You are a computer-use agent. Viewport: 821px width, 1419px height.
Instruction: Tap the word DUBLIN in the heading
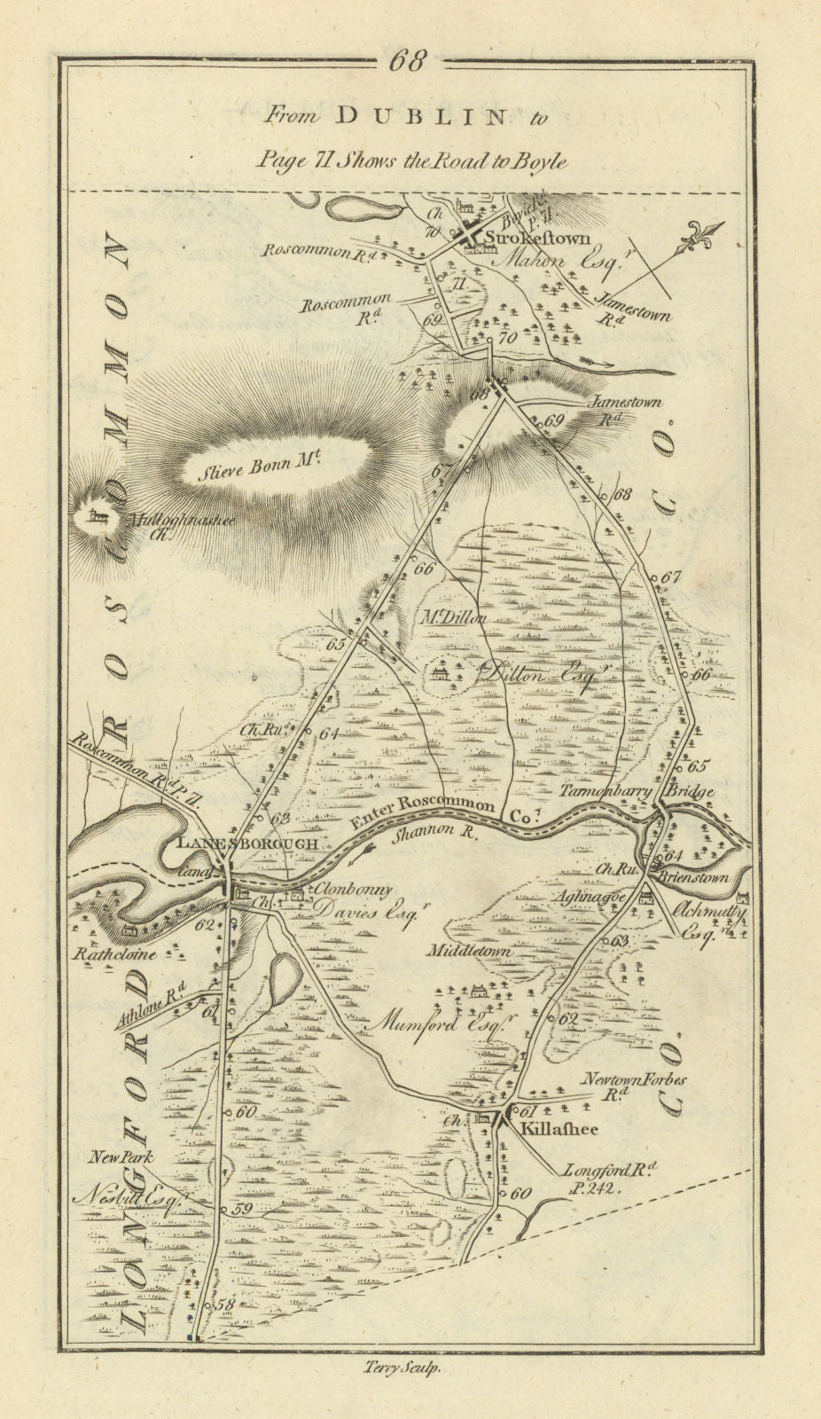tap(412, 115)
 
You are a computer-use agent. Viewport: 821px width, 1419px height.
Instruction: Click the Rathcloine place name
tap(115, 954)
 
